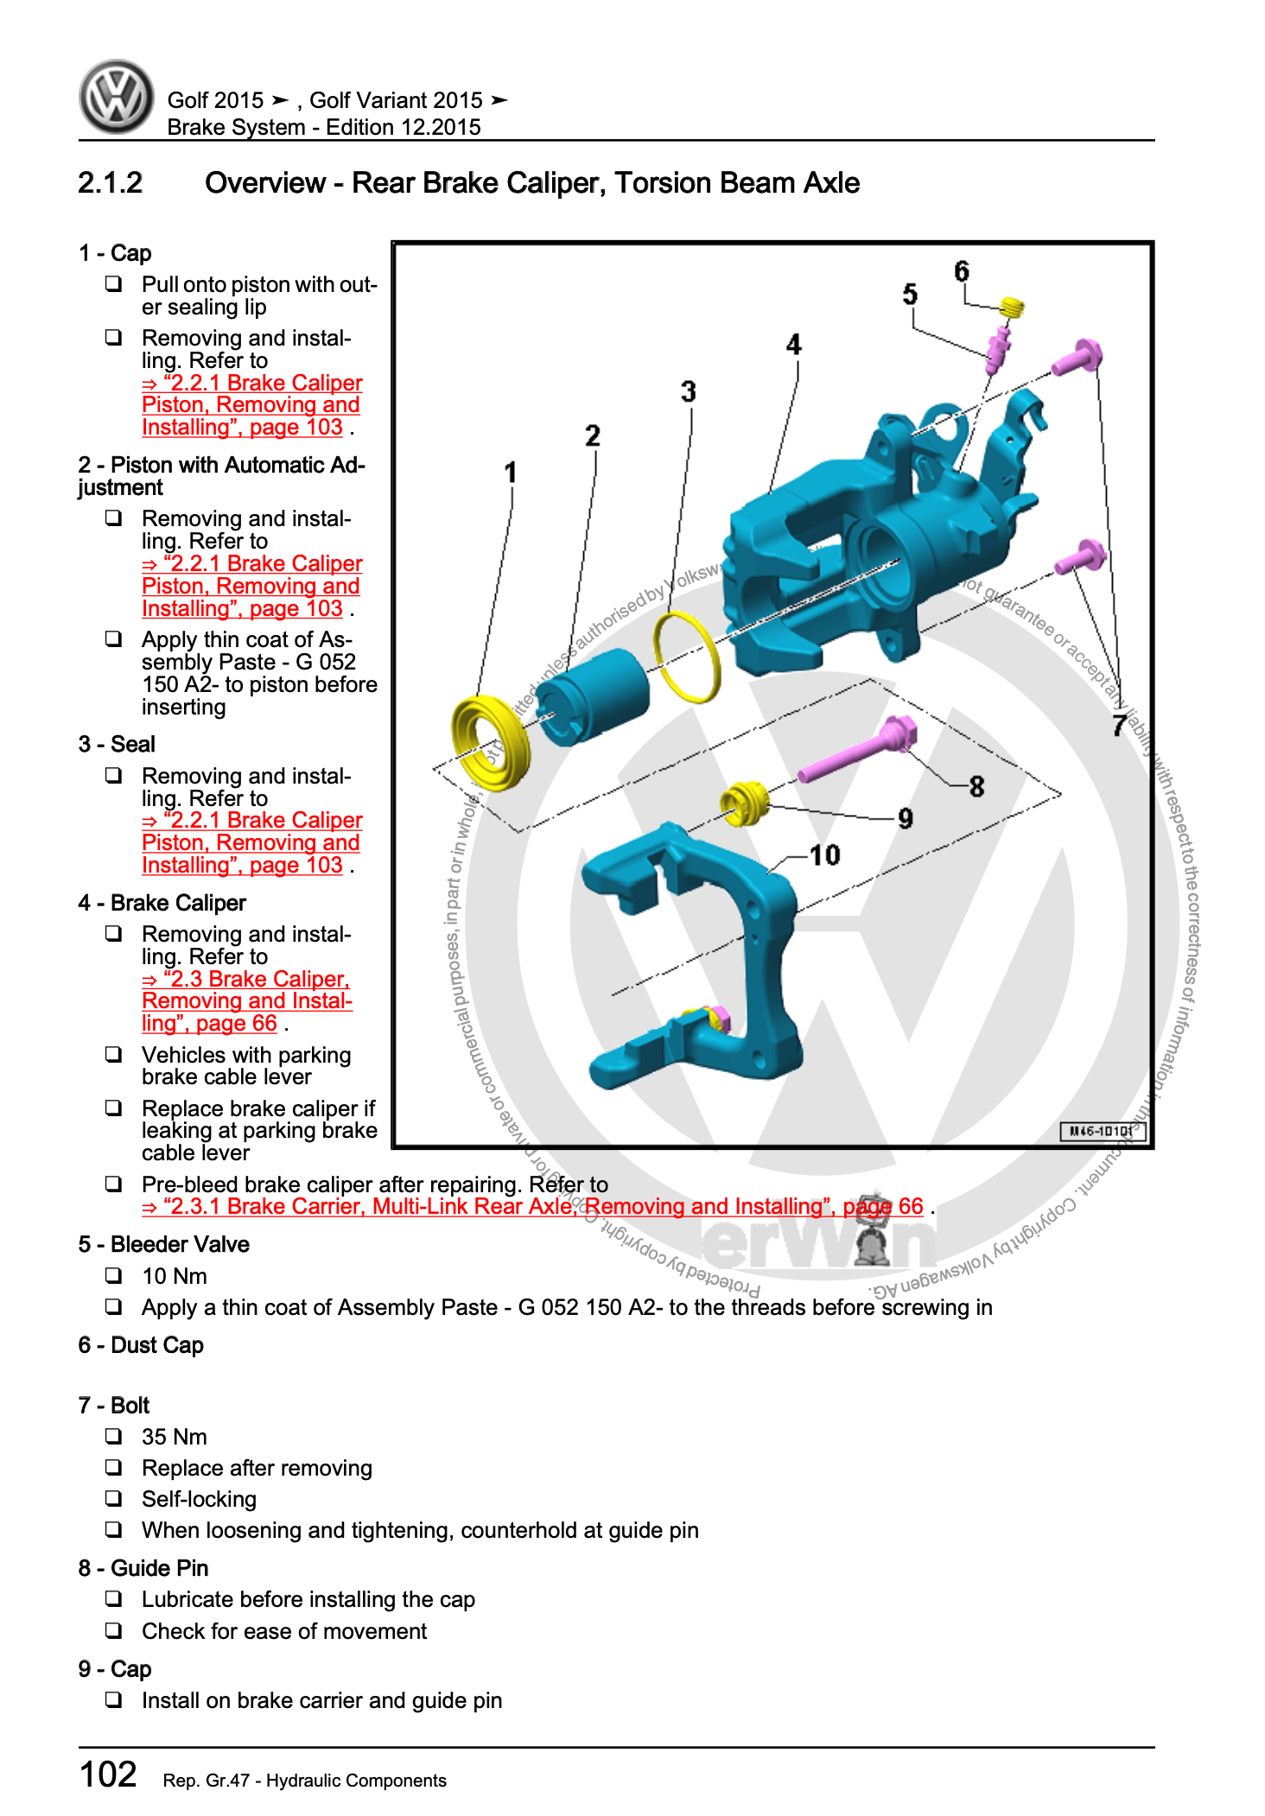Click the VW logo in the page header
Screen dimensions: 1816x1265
point(117,97)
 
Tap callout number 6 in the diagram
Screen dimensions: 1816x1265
point(961,271)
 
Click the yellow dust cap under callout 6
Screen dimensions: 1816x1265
point(1012,307)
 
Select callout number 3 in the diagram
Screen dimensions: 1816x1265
point(688,391)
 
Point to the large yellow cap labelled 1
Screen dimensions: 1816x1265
point(489,741)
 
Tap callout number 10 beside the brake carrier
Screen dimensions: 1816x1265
point(824,855)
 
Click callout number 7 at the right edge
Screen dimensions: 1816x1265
point(1120,724)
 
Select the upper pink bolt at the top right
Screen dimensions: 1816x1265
point(1077,357)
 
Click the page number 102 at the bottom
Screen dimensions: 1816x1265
point(108,1775)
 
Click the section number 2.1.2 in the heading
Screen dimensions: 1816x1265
point(110,183)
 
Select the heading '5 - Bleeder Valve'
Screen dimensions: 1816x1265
point(163,1244)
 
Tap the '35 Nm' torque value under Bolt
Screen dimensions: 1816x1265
point(174,1437)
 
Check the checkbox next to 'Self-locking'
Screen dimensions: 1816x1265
point(113,1498)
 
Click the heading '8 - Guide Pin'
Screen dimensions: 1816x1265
point(143,1568)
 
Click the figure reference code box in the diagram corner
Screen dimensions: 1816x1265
point(1102,1131)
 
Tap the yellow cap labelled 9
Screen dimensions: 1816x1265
point(744,803)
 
